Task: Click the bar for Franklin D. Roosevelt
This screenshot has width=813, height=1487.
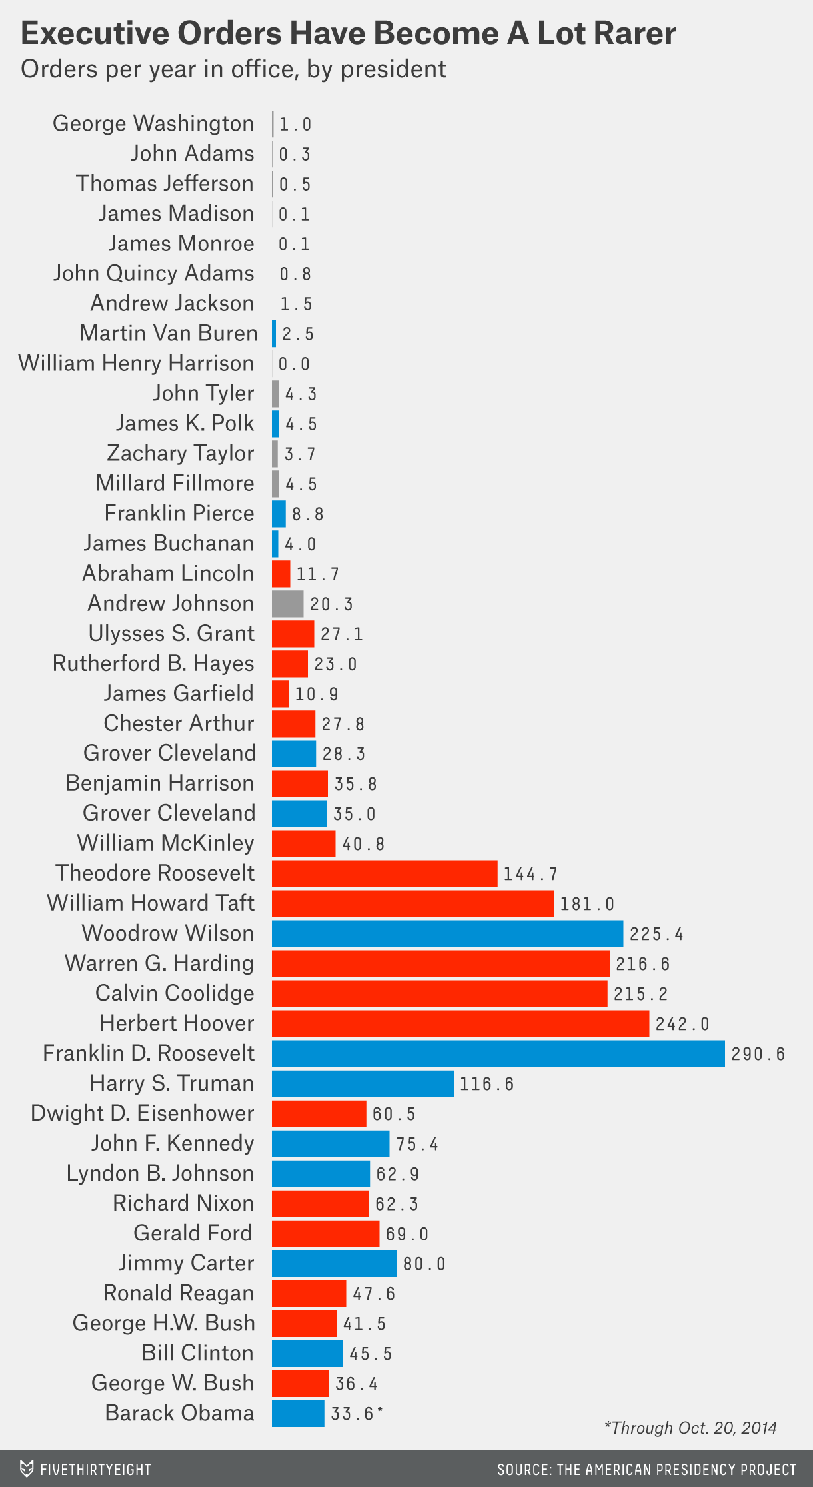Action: [x=498, y=1053]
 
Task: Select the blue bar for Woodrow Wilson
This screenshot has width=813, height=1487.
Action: [x=447, y=933]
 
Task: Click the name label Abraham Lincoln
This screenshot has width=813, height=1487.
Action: [x=168, y=574]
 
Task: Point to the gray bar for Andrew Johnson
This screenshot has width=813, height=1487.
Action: [x=287, y=604]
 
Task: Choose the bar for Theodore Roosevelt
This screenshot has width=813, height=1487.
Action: [x=385, y=873]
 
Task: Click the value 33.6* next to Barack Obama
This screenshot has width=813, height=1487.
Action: [x=357, y=1414]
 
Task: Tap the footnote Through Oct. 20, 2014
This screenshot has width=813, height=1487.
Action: [x=690, y=1428]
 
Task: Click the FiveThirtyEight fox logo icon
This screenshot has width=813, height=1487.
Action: [x=27, y=1469]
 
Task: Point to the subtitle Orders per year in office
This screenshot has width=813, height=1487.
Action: [x=233, y=69]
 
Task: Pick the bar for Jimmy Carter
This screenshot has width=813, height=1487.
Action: [x=334, y=1263]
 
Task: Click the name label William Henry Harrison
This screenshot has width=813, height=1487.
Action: [x=136, y=364]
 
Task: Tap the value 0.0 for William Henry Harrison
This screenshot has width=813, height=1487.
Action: [x=294, y=364]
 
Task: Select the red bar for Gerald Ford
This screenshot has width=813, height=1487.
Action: [x=325, y=1233]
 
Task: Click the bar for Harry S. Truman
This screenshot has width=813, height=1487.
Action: [x=363, y=1083]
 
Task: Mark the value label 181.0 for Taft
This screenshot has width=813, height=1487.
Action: [x=586, y=904]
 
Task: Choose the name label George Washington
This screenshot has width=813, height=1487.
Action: [x=153, y=124]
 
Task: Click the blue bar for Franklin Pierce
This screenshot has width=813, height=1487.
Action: [x=279, y=514]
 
